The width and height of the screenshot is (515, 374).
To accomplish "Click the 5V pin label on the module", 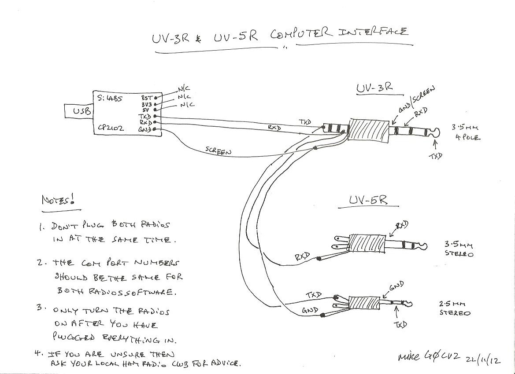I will click(145, 110).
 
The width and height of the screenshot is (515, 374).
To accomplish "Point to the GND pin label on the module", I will click(144, 129).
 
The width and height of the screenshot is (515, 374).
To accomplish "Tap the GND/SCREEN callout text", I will click(418, 101).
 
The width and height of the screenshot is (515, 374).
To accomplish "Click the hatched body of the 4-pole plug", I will click(369, 131).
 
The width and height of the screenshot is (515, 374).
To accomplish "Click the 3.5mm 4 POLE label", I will click(466, 132).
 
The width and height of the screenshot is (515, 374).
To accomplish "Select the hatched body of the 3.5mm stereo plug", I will click(367, 243).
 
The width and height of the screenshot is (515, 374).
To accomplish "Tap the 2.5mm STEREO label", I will click(454, 308).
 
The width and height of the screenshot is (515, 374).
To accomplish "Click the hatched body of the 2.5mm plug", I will click(363, 303).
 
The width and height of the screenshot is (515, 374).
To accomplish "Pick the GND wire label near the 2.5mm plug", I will click(310, 311).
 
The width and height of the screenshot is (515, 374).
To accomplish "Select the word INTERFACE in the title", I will click(372, 33).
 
